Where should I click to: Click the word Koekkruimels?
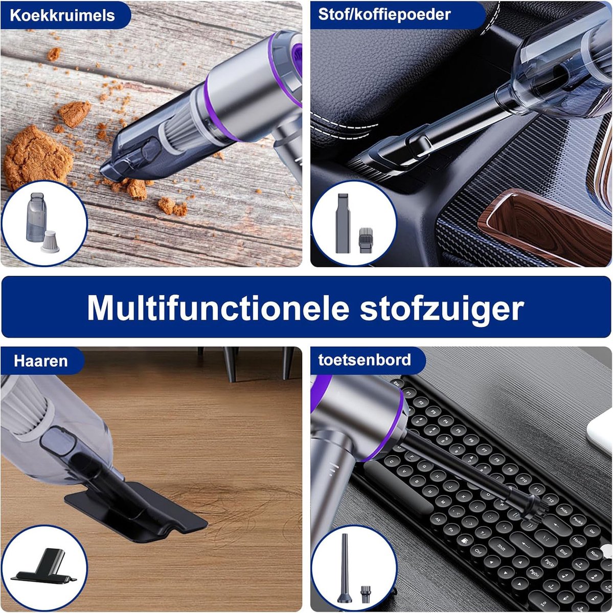pyautogui.click(x=62, y=15)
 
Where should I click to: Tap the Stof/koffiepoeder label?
pyautogui.click(x=384, y=15)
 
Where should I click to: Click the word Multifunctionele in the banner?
pyautogui.click(x=217, y=308)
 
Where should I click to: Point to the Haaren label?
pyautogui.click(x=40, y=361)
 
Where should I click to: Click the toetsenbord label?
pyautogui.click(x=365, y=360)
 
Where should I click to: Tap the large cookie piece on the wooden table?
pyautogui.click(x=37, y=157)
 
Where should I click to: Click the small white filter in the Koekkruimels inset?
pyautogui.click(x=50, y=242)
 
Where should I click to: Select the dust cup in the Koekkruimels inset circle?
pyautogui.click(x=36, y=217)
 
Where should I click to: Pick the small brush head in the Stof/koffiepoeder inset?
pyautogui.click(x=366, y=240)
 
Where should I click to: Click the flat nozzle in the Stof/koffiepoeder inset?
pyautogui.click(x=343, y=223)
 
